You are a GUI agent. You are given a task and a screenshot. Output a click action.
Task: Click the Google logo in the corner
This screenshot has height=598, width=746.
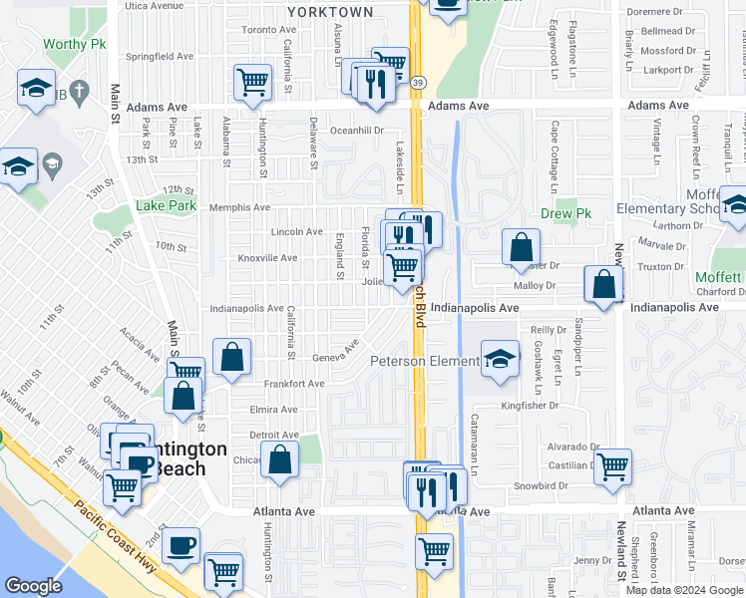coord(34,586)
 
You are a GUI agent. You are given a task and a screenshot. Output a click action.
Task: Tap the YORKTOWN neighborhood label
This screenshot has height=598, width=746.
coord(329,12)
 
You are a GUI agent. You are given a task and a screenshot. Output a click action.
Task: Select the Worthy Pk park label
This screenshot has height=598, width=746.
coord(75,45)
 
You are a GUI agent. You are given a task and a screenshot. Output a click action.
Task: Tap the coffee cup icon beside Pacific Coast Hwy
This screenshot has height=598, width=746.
coord(181,545)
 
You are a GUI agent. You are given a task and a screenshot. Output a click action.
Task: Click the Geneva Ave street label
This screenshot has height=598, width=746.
coord(336,355)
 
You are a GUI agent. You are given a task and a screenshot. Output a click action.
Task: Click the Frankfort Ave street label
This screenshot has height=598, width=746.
coord(294,384)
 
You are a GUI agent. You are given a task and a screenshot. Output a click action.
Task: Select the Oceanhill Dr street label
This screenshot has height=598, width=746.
coord(357,130)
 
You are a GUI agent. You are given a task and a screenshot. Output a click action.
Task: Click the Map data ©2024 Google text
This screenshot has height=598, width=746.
coord(683,590)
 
